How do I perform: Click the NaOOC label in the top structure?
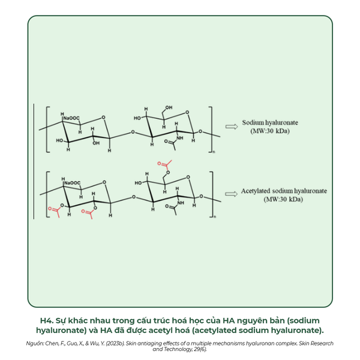click(x=71, y=118)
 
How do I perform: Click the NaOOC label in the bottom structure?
click(x=73, y=183)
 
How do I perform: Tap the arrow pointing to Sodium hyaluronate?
click(x=232, y=127)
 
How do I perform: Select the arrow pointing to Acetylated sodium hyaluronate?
click(x=231, y=194)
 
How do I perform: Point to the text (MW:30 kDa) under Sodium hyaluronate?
click(x=270, y=131)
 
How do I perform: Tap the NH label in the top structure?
click(x=180, y=138)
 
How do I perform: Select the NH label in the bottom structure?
click(x=181, y=203)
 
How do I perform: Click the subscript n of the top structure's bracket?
click(x=214, y=152)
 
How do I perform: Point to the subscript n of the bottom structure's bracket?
click(x=215, y=217)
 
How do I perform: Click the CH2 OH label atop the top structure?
click(x=169, y=107)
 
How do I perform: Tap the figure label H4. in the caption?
click(x=47, y=320)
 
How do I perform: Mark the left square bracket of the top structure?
click(x=47, y=129)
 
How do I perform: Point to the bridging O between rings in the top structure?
click(x=133, y=132)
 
